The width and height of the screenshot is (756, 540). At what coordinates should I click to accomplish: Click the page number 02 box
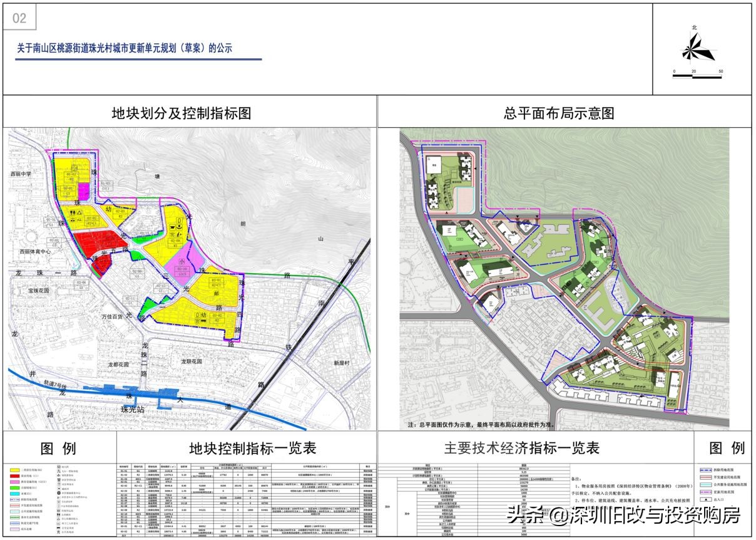click(19, 18)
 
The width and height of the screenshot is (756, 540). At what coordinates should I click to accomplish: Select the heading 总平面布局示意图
click(558, 113)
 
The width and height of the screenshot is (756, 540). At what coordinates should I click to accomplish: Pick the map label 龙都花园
click(117, 364)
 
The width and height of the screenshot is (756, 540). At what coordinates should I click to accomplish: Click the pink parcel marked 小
click(182, 262)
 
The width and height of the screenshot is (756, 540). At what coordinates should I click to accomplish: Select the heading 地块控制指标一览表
click(252, 449)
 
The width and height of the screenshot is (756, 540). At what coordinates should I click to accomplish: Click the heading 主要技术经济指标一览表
click(521, 449)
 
